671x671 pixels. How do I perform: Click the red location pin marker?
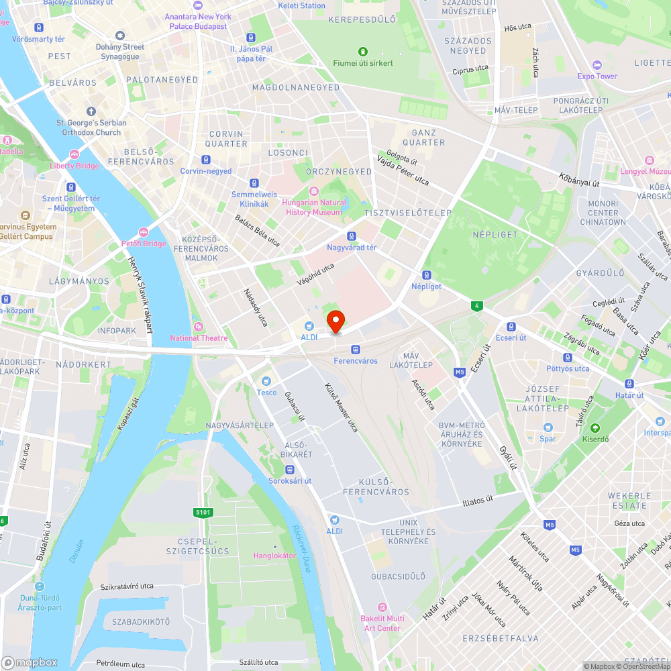coord(335,321)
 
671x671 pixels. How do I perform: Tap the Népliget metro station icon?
coord(426,274)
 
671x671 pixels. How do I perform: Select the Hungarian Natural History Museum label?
coord(315,207)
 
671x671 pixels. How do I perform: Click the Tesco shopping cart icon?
coord(266,381)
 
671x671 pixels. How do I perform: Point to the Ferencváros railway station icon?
coord(356,349)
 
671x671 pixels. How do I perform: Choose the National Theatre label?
coord(199,338)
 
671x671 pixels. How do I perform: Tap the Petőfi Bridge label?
coord(143,244)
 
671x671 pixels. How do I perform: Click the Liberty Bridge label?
coord(74,166)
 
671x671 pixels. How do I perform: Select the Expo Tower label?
coord(597,76)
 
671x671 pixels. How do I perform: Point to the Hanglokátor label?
coord(274,556)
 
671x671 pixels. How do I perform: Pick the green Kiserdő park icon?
coord(594,428)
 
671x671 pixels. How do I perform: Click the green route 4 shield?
coord(476,306)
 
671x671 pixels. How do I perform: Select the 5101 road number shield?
coord(203,513)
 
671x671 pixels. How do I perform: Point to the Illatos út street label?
coord(478,500)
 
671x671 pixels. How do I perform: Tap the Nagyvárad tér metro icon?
coord(351,236)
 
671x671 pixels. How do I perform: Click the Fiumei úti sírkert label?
coord(363,63)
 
